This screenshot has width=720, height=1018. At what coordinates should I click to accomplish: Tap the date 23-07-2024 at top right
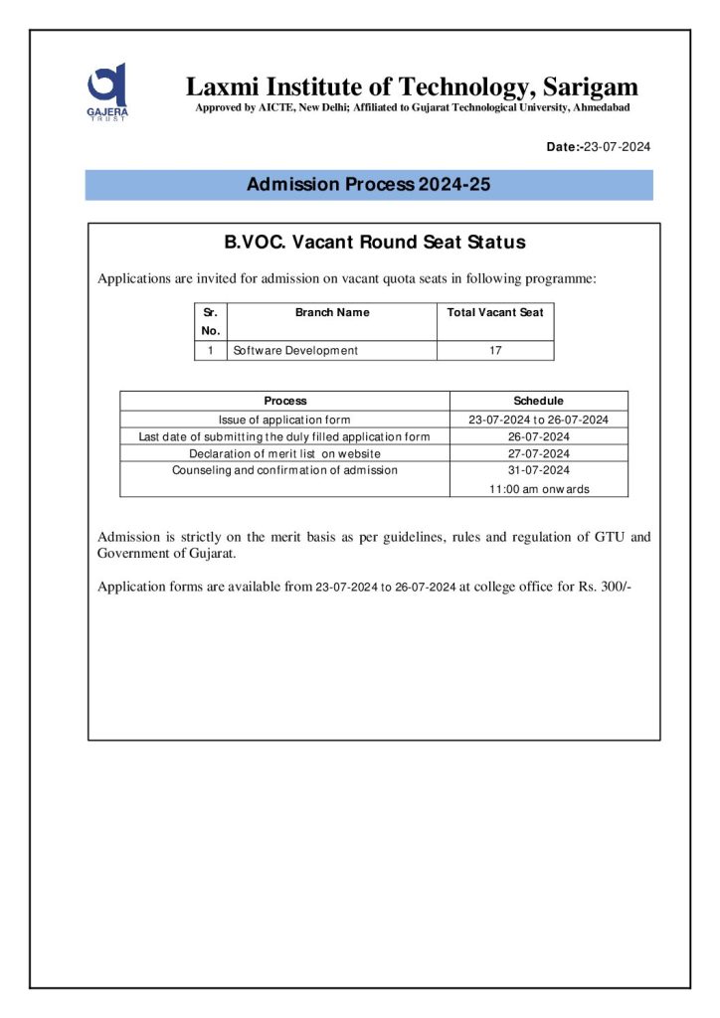(x=617, y=147)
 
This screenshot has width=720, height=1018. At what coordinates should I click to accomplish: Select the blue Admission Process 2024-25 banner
(x=369, y=185)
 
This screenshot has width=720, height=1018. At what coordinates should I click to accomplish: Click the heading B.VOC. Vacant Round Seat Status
(x=374, y=243)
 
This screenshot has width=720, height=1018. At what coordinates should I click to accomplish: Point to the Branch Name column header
(x=332, y=312)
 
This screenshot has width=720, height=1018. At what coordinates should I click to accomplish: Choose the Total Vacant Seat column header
(x=495, y=312)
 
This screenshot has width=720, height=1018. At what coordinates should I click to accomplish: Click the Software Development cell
(x=295, y=350)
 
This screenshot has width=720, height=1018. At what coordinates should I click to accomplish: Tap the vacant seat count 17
(x=495, y=350)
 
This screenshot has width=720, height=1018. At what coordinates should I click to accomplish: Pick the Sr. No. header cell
(x=211, y=321)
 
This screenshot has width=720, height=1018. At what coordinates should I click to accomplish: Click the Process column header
(x=285, y=401)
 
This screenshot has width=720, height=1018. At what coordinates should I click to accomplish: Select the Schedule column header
(x=538, y=401)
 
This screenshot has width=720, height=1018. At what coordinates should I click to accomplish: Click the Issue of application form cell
(x=284, y=420)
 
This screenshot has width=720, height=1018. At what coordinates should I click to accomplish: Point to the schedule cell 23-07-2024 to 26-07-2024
(x=538, y=420)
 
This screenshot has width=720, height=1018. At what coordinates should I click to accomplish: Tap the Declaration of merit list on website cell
(x=284, y=453)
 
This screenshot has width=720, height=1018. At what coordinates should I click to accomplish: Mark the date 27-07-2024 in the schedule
(x=538, y=453)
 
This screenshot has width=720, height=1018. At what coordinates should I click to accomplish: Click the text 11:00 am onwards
(x=538, y=489)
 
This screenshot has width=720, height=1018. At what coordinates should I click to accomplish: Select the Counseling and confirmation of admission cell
(x=284, y=470)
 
